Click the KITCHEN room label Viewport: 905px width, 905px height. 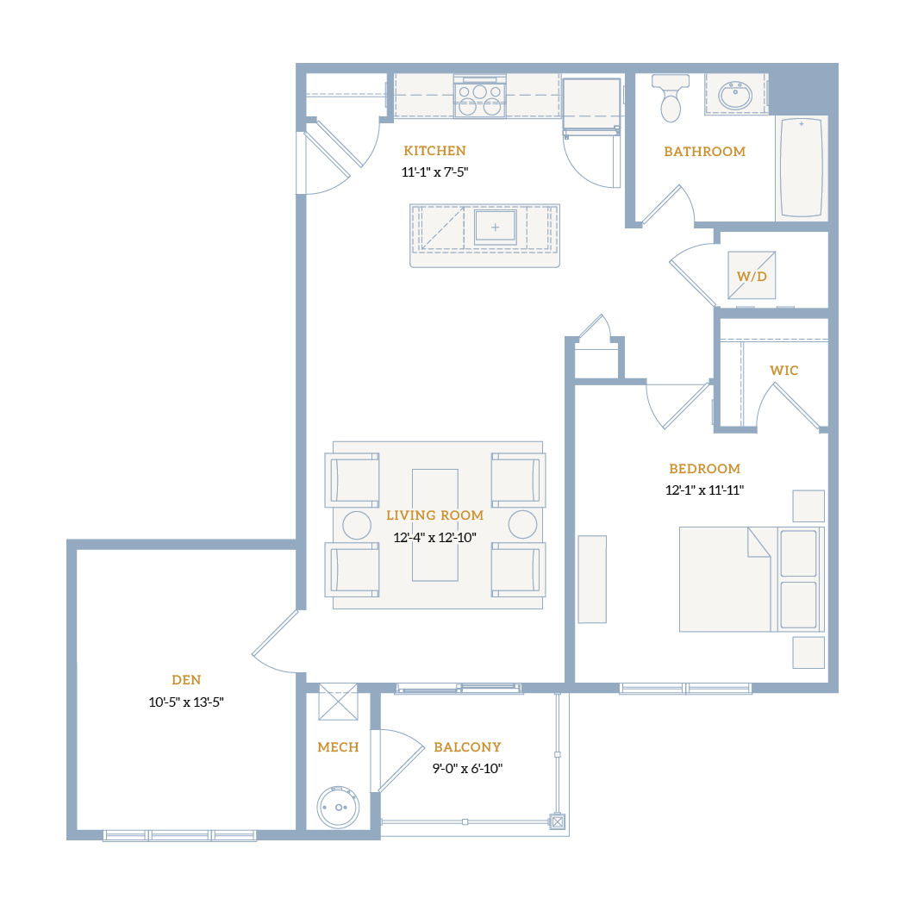pyautogui.click(x=434, y=151)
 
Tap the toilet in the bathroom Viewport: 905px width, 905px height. pyautogui.click(x=670, y=98)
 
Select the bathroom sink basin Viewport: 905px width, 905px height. pyautogui.click(x=734, y=95)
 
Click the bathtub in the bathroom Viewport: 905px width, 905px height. pyautogui.click(x=801, y=168)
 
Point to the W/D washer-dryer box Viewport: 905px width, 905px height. pyautogui.click(x=752, y=275)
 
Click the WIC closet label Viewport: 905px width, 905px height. pyautogui.click(x=783, y=371)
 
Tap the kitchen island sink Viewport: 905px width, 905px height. pyautogui.click(x=495, y=227)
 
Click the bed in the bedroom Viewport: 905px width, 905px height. pyautogui.click(x=752, y=579)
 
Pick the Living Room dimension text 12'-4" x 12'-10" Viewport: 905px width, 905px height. pyautogui.click(x=434, y=537)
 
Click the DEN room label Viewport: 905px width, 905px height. pyautogui.click(x=186, y=680)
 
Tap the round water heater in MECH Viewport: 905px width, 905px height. pyautogui.click(x=338, y=807)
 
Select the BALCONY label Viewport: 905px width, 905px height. pyautogui.click(x=467, y=747)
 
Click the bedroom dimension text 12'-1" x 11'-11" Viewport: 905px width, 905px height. pyautogui.click(x=704, y=490)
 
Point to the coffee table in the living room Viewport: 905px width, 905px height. pyautogui.click(x=435, y=525)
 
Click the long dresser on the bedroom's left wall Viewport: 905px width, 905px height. pyautogui.click(x=592, y=579)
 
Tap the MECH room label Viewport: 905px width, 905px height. pyautogui.click(x=338, y=747)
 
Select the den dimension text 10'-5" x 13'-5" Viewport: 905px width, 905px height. pyautogui.click(x=186, y=702)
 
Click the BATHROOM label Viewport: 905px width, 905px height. pyautogui.click(x=705, y=151)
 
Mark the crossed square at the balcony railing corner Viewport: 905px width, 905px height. pyautogui.click(x=558, y=821)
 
